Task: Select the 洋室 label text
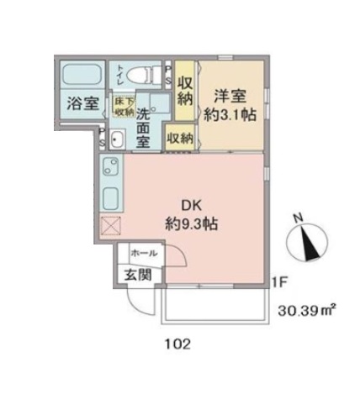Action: pyautogui.click(x=229, y=95)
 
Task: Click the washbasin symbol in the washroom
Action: pyautogui.click(x=115, y=141)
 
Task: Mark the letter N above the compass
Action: pyautogui.click(x=297, y=216)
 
